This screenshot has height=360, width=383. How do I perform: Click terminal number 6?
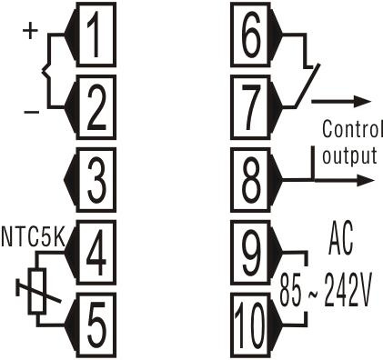tap(250, 35)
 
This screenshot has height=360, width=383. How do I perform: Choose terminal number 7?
tap(250, 107)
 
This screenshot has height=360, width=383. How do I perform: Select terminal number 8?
tap(250, 180)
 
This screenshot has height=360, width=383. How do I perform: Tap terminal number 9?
tap(250, 253)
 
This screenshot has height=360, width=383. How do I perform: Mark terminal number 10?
tap(250, 325)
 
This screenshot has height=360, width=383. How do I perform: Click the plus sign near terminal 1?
tap(30, 30)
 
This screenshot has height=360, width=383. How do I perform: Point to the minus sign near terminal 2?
tap(32, 112)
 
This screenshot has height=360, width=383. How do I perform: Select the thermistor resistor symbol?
tap(37, 291)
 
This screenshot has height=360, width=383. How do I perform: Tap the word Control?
tap(351, 128)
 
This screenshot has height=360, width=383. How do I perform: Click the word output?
tap(349, 155)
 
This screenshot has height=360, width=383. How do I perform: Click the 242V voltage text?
tap(348, 291)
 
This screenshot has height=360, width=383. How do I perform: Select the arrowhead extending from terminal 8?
tap(367, 180)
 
